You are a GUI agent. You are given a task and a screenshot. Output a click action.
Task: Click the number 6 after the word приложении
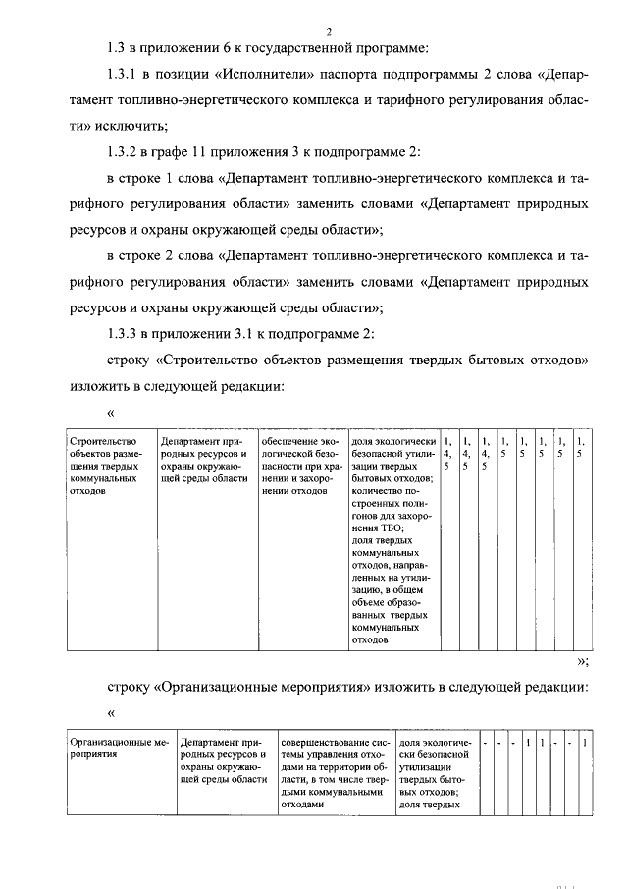tap(221, 47)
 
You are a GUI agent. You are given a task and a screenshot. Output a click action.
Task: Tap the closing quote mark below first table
tap(582, 661)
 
